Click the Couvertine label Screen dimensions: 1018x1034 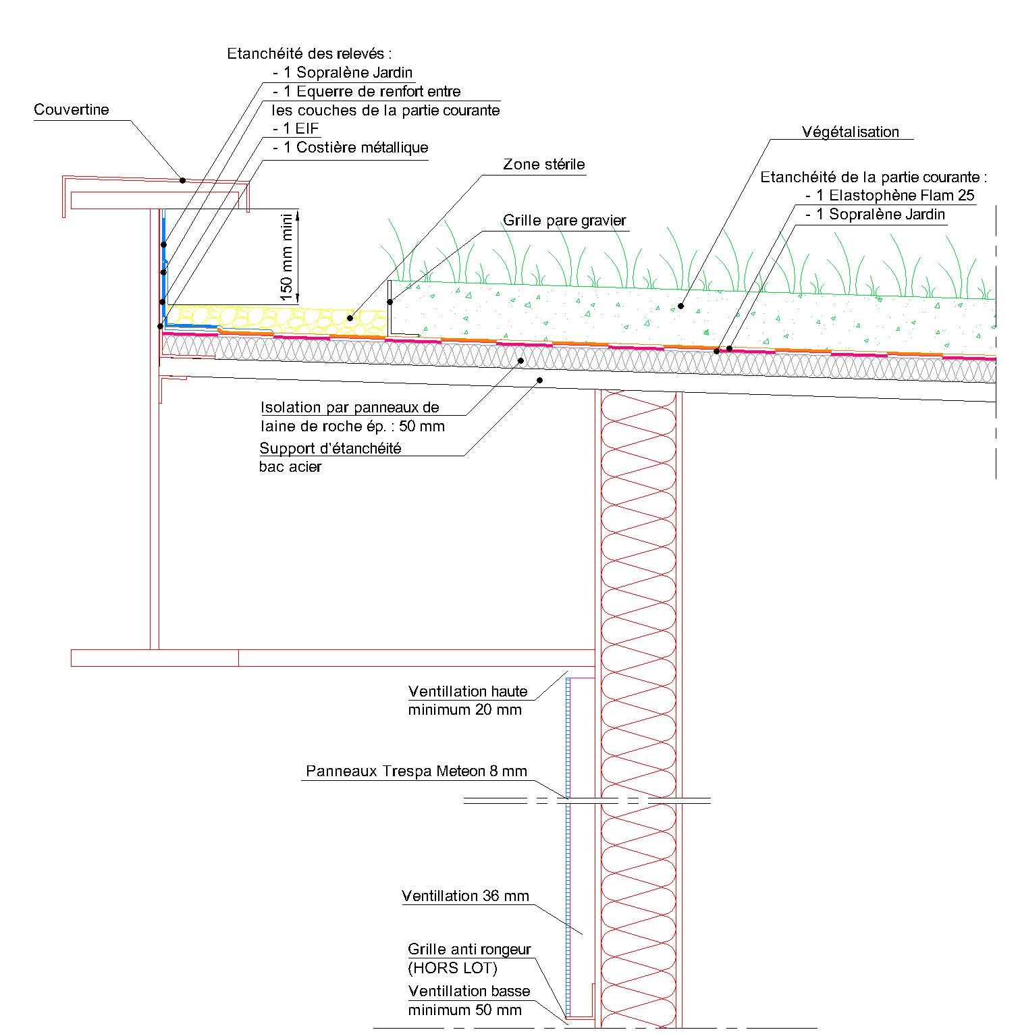tap(72, 109)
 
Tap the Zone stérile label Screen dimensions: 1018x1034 tap(543, 164)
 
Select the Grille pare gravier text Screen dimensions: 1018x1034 tap(564, 220)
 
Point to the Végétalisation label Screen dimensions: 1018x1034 tap(851, 132)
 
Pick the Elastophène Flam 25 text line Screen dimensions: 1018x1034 tap(890, 196)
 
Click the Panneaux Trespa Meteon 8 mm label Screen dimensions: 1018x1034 tap(417, 771)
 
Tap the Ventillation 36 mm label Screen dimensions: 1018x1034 tap(466, 896)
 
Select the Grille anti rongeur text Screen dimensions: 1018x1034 tap(469, 949)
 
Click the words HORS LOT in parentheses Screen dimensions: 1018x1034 tap(452, 968)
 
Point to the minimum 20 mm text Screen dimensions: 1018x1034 tap(464, 709)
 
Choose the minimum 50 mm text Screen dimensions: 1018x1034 tap(464, 1010)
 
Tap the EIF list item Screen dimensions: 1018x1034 tap(296, 128)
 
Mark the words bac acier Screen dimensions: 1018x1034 tap(290, 466)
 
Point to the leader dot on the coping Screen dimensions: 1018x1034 tap(182, 180)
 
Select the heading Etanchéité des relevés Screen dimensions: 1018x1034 tap(309, 53)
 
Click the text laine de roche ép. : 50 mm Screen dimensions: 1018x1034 tap(352, 426)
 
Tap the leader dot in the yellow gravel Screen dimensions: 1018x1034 tap(350, 317)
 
